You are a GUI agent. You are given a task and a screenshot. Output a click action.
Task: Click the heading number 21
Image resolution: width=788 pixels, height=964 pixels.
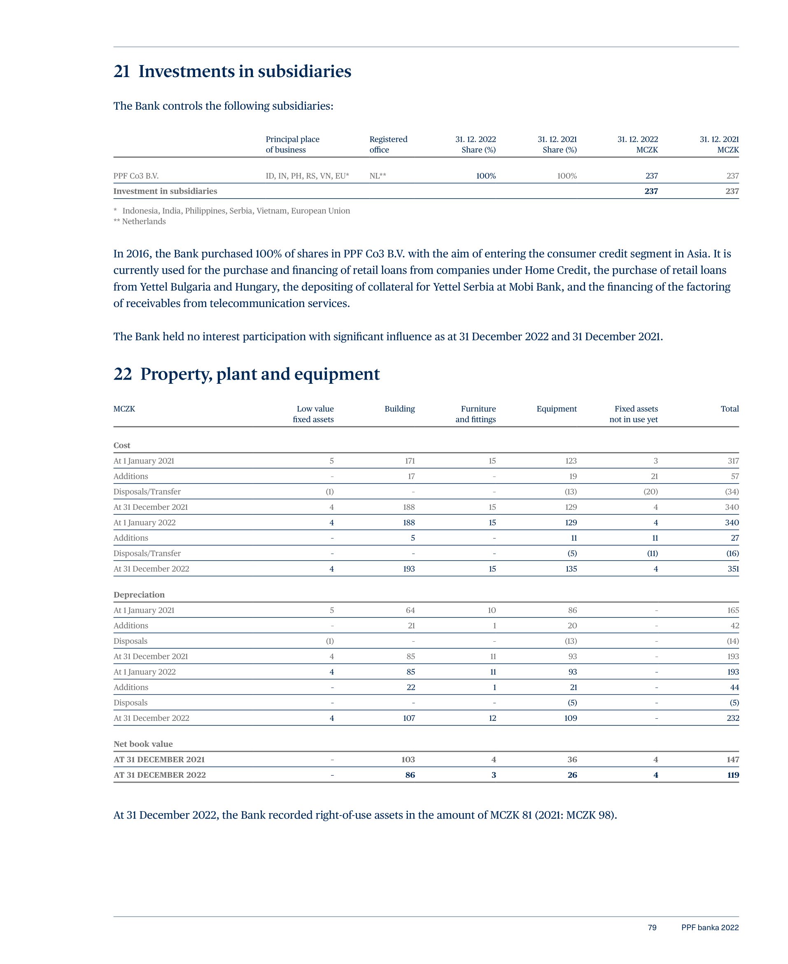[121, 72]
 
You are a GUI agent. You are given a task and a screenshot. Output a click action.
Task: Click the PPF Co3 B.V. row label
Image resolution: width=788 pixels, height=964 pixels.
[136, 176]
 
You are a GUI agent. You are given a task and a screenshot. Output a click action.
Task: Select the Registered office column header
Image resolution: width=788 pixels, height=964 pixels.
[388, 145]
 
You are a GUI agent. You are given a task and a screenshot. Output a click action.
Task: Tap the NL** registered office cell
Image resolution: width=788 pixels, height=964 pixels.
[378, 176]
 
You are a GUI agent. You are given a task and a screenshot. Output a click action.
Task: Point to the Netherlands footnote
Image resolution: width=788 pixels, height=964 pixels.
[140, 221]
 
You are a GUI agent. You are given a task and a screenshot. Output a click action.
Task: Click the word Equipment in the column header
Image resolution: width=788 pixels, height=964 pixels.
[557, 409]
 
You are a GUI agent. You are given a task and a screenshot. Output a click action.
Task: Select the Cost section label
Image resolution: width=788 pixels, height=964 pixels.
[121, 445]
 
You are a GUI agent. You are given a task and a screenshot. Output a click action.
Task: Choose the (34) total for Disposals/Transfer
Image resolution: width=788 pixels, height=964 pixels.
[731, 492]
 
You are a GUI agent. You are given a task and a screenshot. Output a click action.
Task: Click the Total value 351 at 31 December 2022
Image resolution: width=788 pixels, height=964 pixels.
[733, 569]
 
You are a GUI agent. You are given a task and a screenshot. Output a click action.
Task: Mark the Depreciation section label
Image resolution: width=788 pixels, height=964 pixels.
[139, 595]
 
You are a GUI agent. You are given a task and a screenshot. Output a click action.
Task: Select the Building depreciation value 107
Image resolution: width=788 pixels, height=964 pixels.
[408, 718]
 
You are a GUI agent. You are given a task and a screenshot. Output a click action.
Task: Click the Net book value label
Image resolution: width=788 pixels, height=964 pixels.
[143, 744]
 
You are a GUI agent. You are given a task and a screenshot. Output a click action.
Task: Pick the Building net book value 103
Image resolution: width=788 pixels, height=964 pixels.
[408, 759]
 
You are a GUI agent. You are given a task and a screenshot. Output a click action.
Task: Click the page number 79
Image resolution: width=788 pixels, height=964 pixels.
[652, 928]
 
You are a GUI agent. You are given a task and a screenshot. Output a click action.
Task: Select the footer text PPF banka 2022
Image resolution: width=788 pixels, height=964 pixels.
[709, 928]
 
